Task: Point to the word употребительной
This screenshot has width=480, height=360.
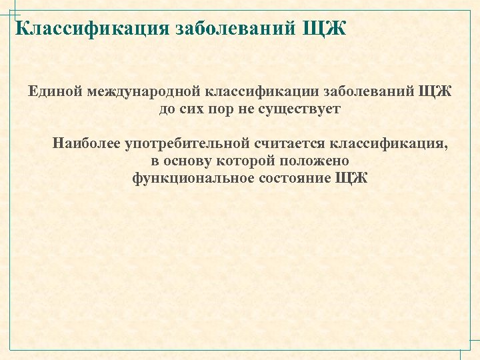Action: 180,143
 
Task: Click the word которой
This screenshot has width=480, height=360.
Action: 253,161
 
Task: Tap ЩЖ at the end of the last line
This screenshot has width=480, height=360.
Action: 351,178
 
